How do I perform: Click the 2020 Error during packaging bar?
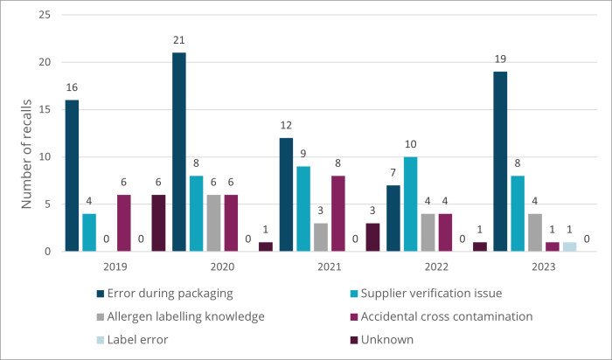click(178, 152)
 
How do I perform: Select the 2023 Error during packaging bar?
click(499, 162)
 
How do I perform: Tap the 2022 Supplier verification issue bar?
click(410, 204)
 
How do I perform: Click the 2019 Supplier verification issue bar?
click(89, 232)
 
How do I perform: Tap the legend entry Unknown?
click(392, 338)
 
